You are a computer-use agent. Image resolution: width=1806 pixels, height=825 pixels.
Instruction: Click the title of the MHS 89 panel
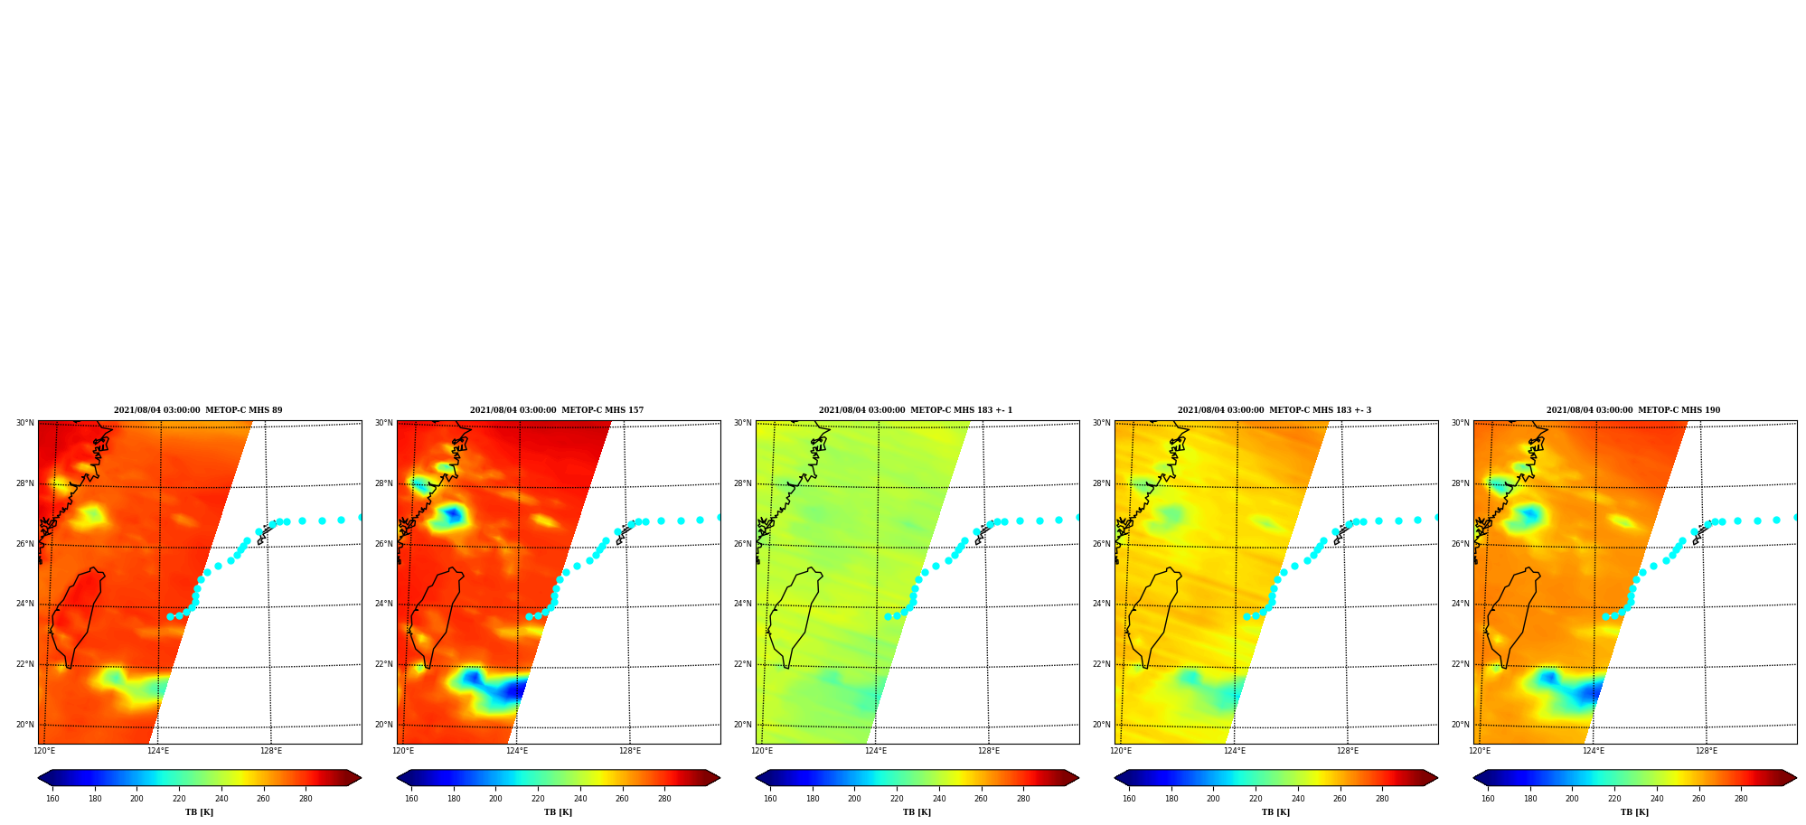(198, 410)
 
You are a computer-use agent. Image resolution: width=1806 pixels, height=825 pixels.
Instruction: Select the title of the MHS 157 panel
(557, 410)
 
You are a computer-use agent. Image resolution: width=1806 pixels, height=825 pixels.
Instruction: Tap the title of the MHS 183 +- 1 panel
(916, 410)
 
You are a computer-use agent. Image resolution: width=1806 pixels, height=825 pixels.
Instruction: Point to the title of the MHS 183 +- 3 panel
(1275, 410)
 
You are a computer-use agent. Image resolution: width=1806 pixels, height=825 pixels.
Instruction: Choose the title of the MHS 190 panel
(1633, 410)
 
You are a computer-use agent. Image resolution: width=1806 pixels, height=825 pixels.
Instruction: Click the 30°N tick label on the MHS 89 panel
(24, 423)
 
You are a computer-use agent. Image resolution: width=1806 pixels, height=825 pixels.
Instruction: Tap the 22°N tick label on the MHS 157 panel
(383, 664)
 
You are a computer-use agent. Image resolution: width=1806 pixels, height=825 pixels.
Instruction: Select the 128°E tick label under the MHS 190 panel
(1706, 751)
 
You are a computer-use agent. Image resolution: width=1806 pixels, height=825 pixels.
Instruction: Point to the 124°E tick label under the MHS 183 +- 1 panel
(875, 751)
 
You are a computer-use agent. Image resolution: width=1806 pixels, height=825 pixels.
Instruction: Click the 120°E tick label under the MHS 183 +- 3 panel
(1121, 751)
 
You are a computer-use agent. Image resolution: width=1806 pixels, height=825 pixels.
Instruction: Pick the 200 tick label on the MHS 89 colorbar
(136, 799)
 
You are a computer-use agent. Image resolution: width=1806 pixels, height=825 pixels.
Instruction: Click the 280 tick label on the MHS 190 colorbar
(1741, 799)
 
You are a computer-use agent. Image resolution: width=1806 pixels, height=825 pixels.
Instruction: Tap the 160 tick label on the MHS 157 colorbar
(411, 799)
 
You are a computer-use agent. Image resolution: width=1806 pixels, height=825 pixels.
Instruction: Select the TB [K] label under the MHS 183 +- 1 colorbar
(917, 812)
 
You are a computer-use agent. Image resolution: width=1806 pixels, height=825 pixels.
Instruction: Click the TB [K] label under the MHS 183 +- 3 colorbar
(1275, 812)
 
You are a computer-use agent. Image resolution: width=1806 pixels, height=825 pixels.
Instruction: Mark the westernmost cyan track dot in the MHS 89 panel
(170, 616)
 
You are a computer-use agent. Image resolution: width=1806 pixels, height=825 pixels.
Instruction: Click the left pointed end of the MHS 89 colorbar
(39, 778)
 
